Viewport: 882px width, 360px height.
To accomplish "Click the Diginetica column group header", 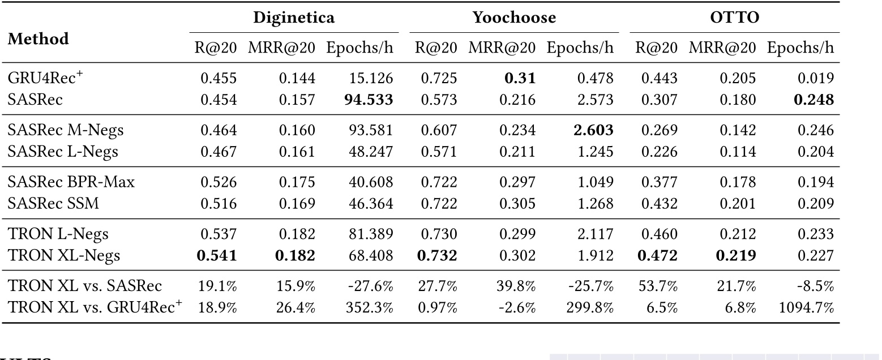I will pyautogui.click(x=294, y=18).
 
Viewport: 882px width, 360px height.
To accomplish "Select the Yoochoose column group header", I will pyautogui.click(x=514, y=18).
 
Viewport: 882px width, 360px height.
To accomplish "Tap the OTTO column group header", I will pyautogui.click(x=734, y=18).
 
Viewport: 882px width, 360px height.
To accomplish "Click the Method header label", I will pyautogui.click(x=38, y=39).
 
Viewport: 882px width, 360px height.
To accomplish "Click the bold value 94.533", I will pyautogui.click(x=369, y=100).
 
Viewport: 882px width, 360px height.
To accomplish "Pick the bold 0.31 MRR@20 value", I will pyautogui.click(x=520, y=78).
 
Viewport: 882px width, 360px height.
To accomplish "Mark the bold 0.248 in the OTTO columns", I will pyautogui.click(x=813, y=100).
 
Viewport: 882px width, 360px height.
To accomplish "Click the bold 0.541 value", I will pyautogui.click(x=216, y=255).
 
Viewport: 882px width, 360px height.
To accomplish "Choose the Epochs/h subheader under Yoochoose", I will pyautogui.click(x=580, y=48).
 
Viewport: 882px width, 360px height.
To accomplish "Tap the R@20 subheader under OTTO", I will pyautogui.click(x=656, y=48).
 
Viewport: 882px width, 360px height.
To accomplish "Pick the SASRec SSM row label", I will pyautogui.click(x=53, y=203).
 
